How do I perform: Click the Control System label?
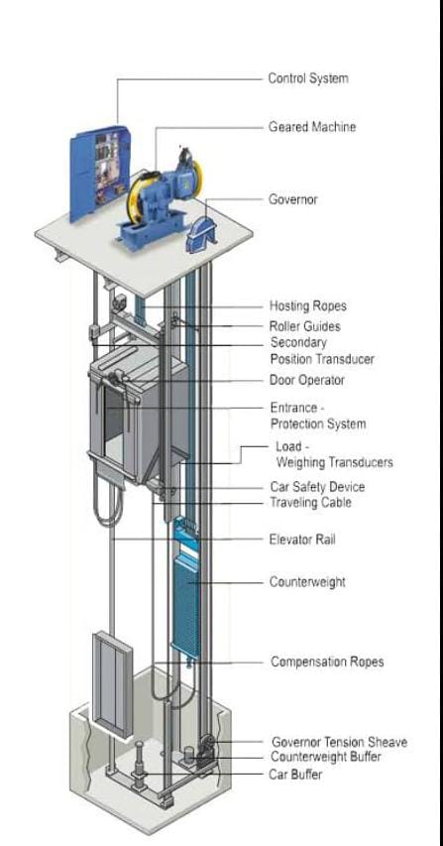point(308,78)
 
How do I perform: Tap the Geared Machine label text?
point(312,127)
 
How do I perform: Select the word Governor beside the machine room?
point(293,199)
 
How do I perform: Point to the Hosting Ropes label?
point(308,305)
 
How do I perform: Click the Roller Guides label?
point(305,326)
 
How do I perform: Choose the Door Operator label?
point(307,381)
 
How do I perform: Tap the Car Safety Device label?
point(317,487)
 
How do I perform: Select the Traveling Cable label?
point(310,503)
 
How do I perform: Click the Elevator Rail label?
point(302,540)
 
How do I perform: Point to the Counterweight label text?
point(307,582)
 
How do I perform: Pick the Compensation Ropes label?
point(327,662)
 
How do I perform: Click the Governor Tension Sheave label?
point(339,743)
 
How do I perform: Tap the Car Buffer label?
point(296,775)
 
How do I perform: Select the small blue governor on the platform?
point(200,235)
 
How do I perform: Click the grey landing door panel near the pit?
point(113,686)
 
